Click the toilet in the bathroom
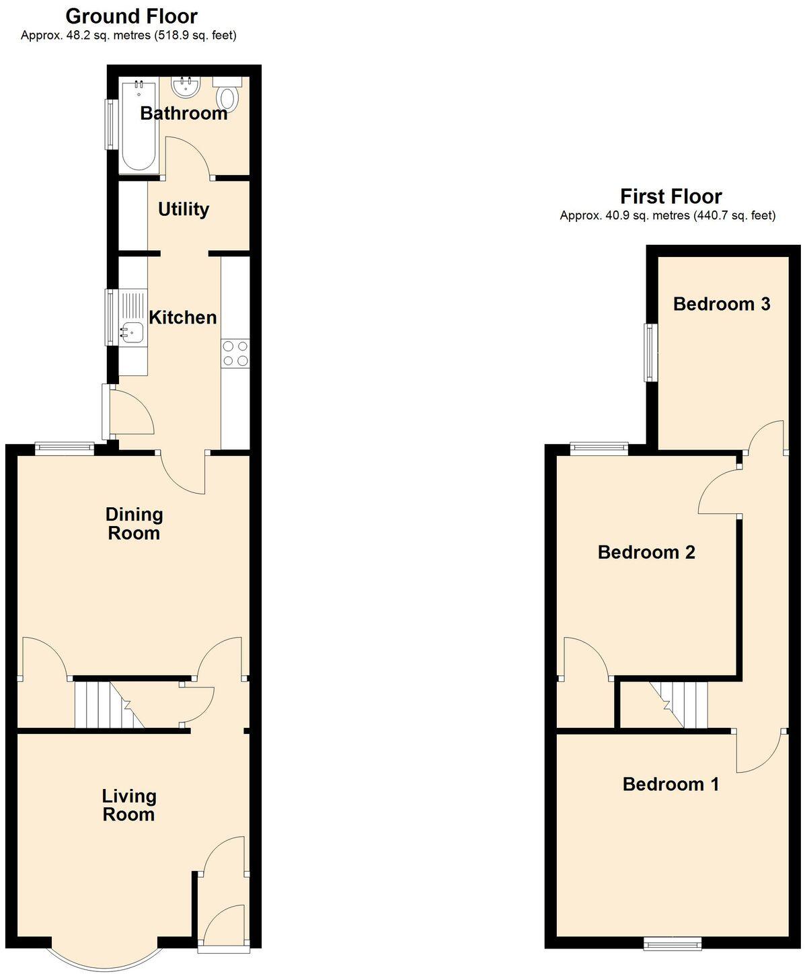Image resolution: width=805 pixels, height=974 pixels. pyautogui.click(x=227, y=93)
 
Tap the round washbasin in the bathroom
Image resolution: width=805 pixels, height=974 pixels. pyautogui.click(x=186, y=87)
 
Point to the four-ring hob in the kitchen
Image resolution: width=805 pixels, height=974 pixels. pyautogui.click(x=235, y=353)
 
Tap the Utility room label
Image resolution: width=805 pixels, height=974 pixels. pyautogui.click(x=184, y=209)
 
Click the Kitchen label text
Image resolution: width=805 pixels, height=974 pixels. pyautogui.click(x=183, y=317)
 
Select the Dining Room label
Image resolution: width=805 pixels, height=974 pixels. pyautogui.click(x=135, y=523)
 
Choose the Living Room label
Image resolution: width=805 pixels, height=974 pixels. pyautogui.click(x=129, y=805)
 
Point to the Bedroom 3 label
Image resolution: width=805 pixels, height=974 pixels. pyautogui.click(x=722, y=304)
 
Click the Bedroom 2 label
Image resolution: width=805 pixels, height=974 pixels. pyautogui.click(x=646, y=552)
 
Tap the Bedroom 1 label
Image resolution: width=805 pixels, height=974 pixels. pyautogui.click(x=670, y=784)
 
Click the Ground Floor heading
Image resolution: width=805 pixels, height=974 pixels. pyautogui.click(x=132, y=16)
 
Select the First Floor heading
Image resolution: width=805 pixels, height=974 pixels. pyautogui.click(x=671, y=196)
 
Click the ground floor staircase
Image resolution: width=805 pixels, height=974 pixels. pyautogui.click(x=110, y=704)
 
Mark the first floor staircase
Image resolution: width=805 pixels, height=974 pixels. pyautogui.click(x=679, y=704)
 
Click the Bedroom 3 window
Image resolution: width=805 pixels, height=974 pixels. pyautogui.click(x=651, y=352)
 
